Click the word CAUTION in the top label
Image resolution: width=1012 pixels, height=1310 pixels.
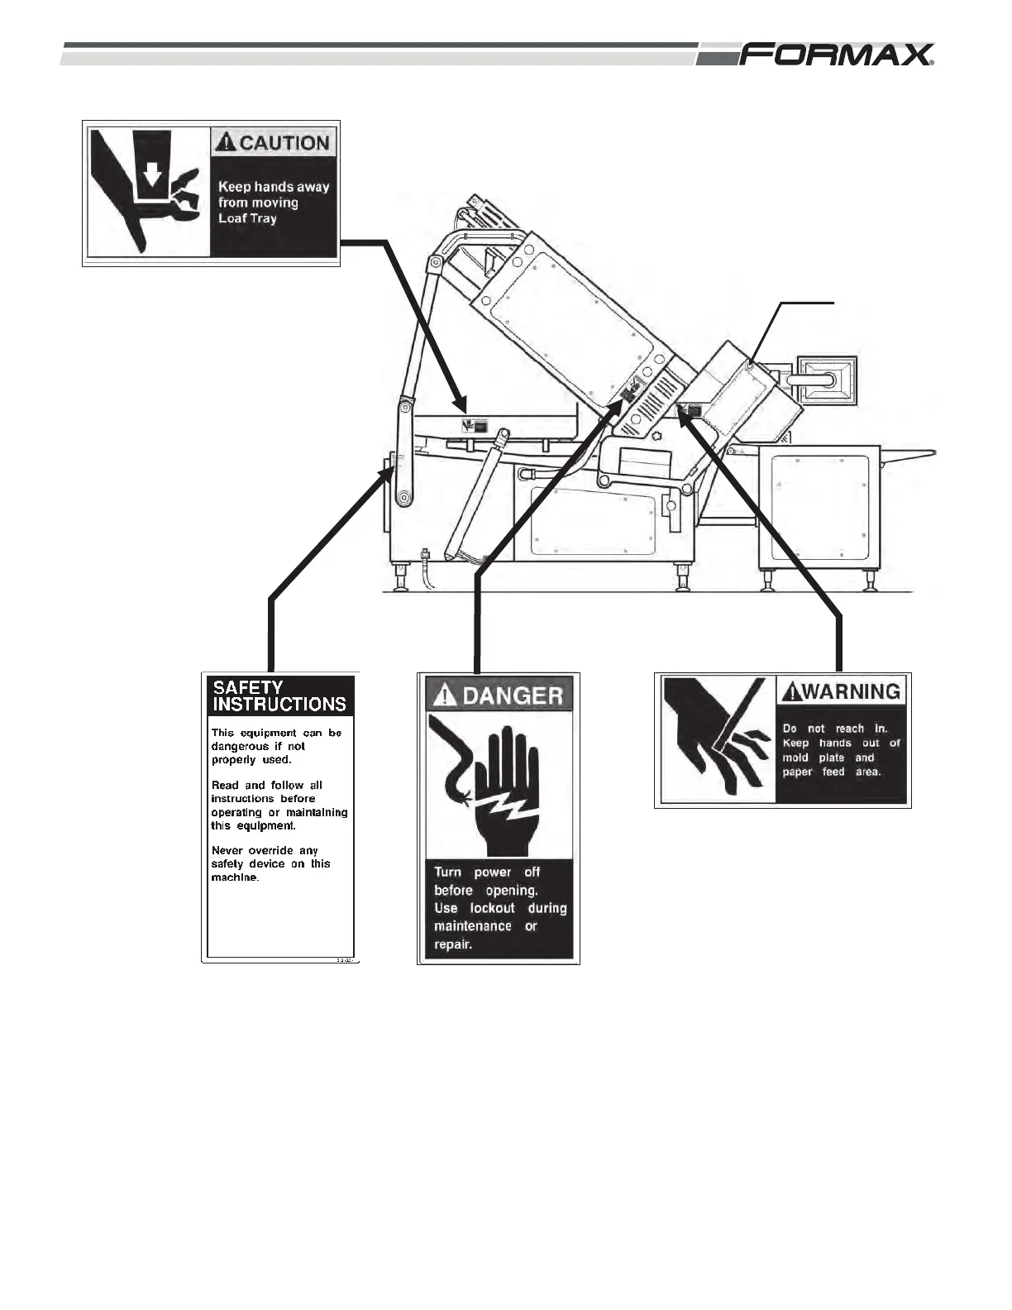[284, 143]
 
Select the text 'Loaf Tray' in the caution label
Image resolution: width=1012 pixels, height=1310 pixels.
[247, 219]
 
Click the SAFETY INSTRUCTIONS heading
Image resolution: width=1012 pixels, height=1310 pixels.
[279, 696]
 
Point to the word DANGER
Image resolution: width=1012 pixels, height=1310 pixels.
[513, 696]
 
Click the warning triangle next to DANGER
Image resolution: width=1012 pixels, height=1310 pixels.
[445, 695]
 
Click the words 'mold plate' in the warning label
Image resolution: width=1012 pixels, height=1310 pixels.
[814, 758]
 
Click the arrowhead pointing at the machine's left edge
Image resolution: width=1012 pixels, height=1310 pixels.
[388, 471]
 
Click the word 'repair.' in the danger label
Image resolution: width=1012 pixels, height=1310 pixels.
[453, 944]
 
